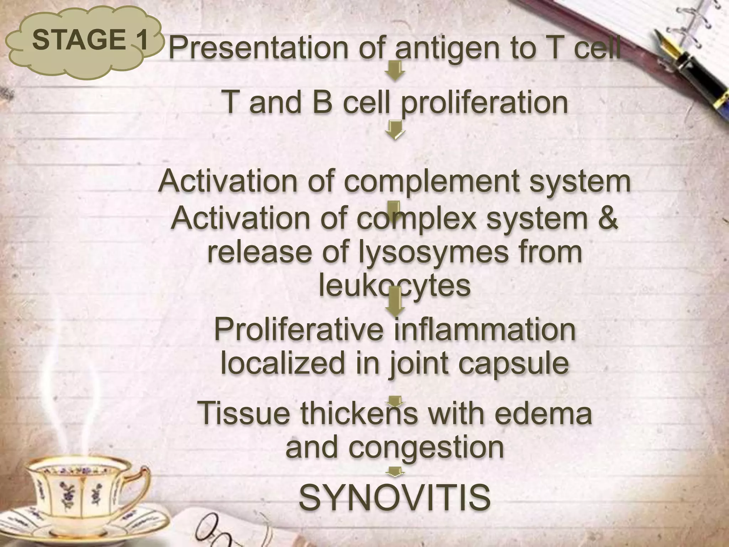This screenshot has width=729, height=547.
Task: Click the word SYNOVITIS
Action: pos(395,497)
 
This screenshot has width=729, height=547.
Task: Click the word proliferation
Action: pos(484,102)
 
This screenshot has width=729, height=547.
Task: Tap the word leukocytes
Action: pos(394,286)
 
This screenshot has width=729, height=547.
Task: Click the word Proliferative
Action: pos(298,330)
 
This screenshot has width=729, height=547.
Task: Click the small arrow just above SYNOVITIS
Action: pos(395,472)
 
